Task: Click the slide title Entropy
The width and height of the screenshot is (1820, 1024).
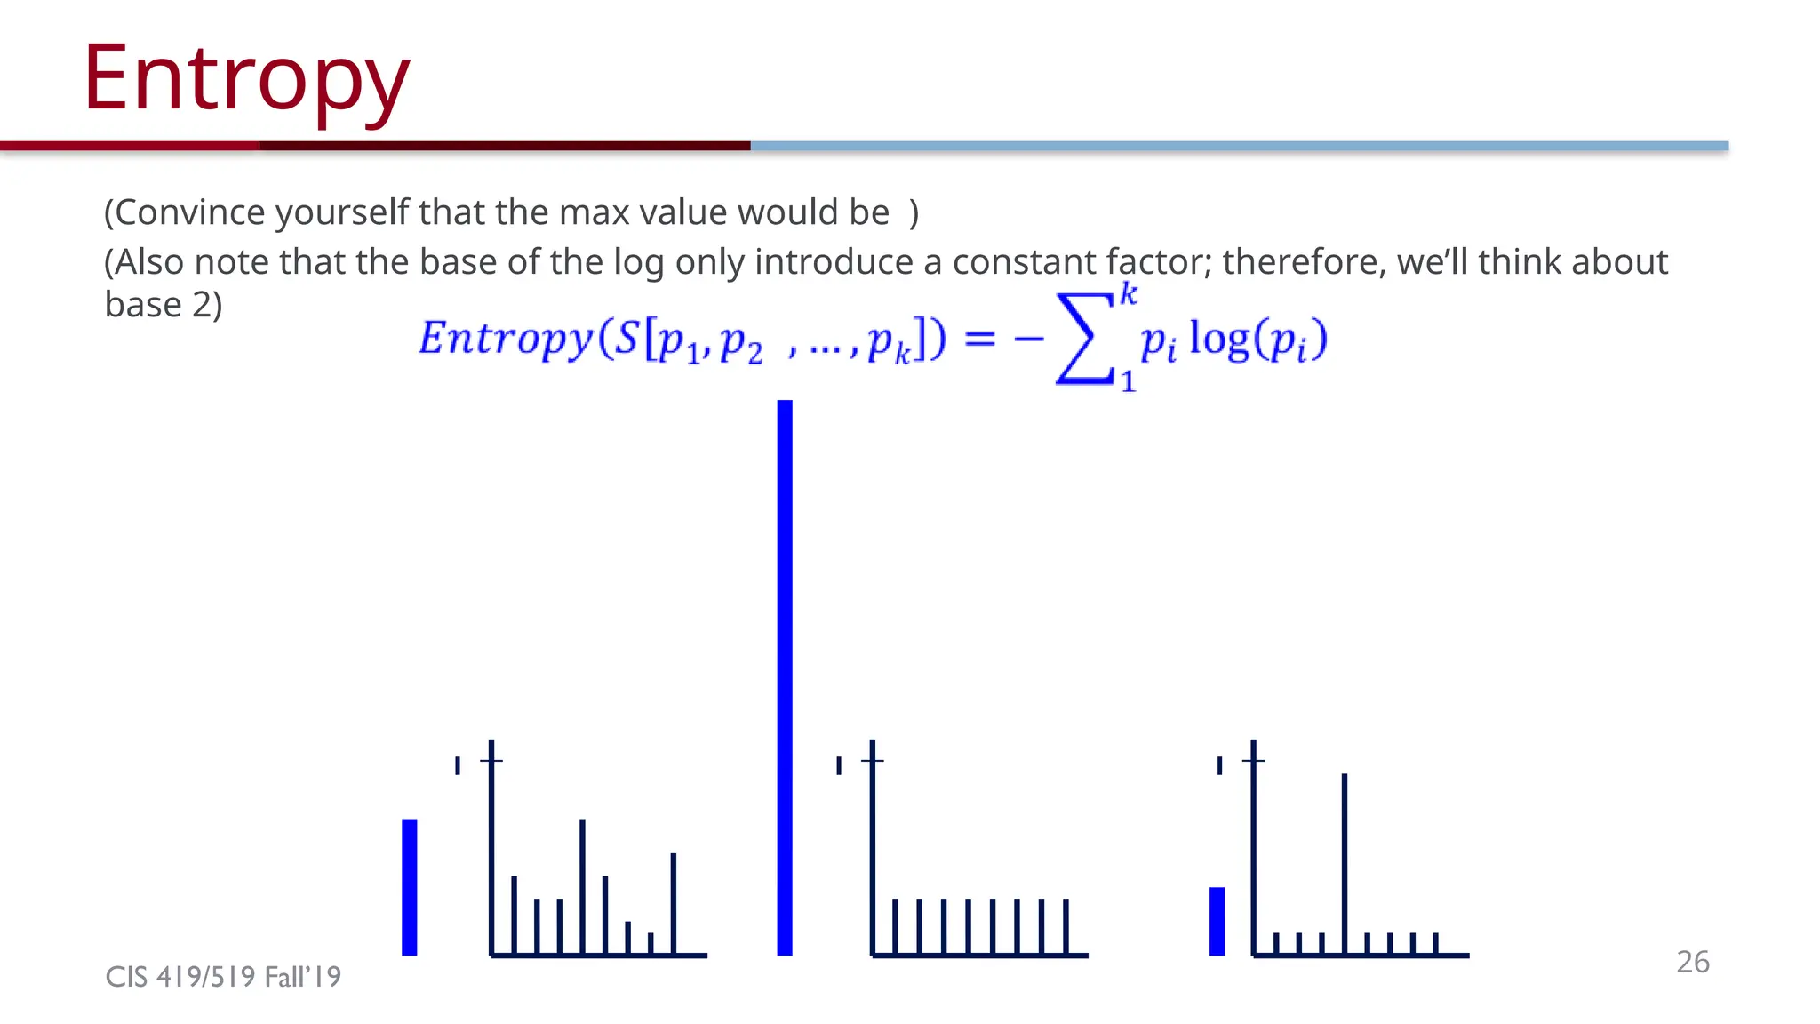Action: click(x=246, y=80)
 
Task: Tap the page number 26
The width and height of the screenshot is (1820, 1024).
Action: click(x=1692, y=962)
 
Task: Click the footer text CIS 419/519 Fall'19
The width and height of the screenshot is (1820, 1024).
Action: click(x=223, y=977)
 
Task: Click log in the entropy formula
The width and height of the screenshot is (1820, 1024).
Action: click(x=1219, y=339)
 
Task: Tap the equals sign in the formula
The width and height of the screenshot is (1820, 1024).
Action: click(x=979, y=339)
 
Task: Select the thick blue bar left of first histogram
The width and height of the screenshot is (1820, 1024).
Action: click(x=410, y=887)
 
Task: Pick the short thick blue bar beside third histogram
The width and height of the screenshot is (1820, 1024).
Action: click(x=1217, y=921)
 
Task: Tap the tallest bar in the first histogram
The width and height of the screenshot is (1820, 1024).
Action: click(x=582, y=886)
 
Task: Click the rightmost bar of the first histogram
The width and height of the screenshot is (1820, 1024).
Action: click(x=674, y=903)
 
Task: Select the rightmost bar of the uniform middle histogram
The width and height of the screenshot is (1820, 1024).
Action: click(x=1066, y=926)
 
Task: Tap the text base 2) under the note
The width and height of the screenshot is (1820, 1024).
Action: click(x=164, y=305)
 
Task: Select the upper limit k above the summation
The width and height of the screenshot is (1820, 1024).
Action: click(x=1128, y=293)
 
